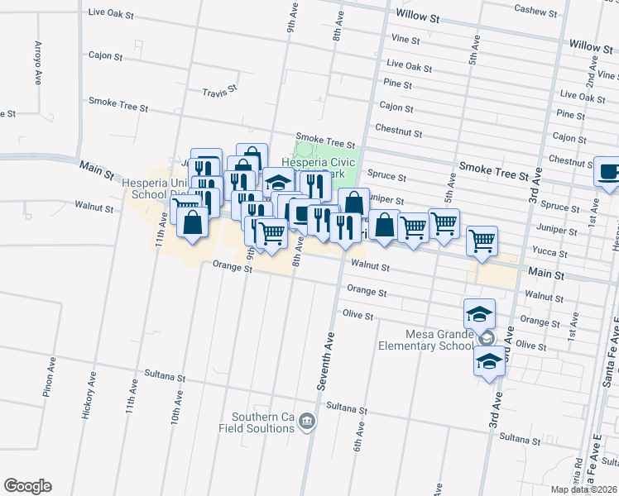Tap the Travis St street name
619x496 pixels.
220,89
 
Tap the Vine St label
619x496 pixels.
405,39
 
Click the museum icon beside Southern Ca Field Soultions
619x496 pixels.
307,422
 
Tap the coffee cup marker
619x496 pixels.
609,172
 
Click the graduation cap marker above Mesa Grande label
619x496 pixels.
479,313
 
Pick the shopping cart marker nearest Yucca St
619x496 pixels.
481,241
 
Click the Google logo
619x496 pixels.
27,486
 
